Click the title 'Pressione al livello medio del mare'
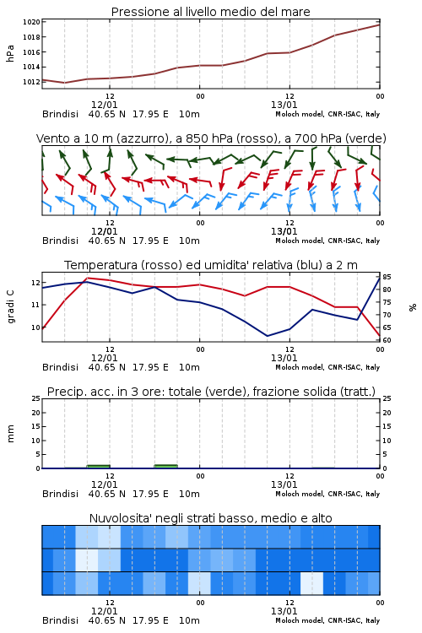(210, 12)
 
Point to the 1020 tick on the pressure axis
(31, 22)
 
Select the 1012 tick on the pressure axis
(31, 82)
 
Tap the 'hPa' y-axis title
(10, 53)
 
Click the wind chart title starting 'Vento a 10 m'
(211, 138)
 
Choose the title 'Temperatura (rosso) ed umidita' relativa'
(211, 265)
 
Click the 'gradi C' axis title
(10, 306)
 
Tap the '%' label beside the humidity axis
(413, 307)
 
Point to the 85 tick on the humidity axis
(387, 277)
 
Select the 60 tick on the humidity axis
(387, 340)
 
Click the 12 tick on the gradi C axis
(36, 283)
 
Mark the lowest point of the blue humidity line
(267, 336)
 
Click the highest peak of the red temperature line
(87, 278)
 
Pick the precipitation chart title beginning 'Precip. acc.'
(211, 392)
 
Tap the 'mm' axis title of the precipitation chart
(10, 434)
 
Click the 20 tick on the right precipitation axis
(387, 413)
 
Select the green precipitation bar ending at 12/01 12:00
(99, 467)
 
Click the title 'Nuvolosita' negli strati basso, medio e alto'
(210, 518)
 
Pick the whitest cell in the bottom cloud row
(311, 583)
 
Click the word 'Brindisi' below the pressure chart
(60, 114)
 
